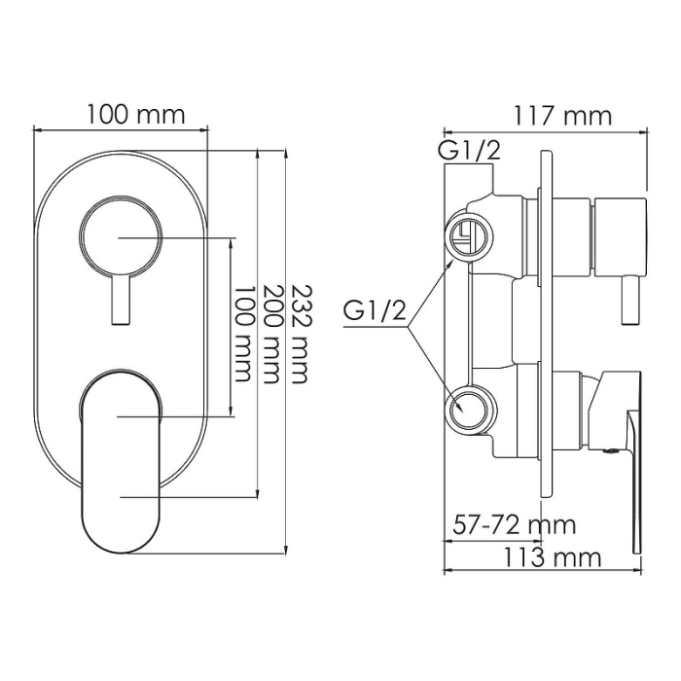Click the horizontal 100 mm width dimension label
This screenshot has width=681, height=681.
135,114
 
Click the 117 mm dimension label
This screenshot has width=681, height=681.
563,116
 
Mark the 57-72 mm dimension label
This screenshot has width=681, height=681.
514,525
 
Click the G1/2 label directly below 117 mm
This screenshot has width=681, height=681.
468,152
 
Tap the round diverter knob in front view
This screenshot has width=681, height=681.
118,236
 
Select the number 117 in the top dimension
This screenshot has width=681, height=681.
543,116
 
